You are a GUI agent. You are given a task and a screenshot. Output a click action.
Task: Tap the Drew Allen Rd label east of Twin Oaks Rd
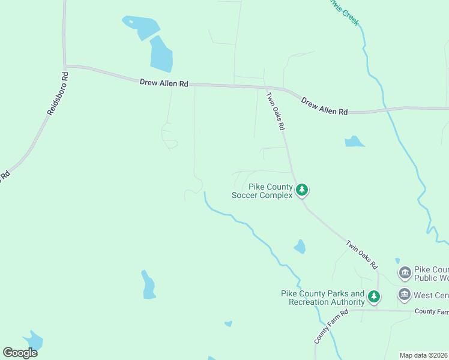pos(324,107)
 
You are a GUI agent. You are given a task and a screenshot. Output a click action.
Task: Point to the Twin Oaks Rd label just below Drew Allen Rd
pos(276,110)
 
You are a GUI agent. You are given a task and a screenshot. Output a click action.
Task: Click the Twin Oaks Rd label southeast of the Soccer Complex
pos(361,254)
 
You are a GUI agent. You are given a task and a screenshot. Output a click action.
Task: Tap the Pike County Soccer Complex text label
pos(263,191)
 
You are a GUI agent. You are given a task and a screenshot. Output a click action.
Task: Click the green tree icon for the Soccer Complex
pos(303,191)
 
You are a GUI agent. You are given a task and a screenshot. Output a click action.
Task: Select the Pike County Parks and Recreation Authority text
pos(322,298)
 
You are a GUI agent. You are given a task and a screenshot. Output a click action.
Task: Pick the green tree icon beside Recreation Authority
pos(374,296)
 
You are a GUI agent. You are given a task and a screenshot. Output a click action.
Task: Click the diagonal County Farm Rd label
pos(331,327)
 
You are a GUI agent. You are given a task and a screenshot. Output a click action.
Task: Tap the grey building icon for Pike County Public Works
pos(405,273)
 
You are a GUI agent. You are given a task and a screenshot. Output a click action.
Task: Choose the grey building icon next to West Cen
pos(404,295)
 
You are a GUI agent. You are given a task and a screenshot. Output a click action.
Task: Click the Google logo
pos(20,353)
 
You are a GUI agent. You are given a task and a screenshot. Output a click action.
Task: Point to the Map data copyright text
pos(423,355)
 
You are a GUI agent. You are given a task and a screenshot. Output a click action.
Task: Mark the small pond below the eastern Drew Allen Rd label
pos(354,142)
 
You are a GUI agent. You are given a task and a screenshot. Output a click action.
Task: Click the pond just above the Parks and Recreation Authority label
pos(300,247)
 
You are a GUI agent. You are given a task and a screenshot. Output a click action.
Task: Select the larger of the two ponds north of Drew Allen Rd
pos(161,54)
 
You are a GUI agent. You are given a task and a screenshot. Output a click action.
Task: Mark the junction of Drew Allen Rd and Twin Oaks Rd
pos(266,88)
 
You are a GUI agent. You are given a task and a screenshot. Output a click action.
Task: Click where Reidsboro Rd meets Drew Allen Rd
pos(64,65)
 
